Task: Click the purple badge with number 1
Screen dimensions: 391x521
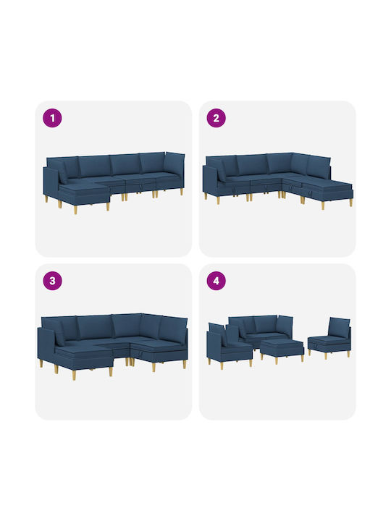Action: click(x=52, y=118)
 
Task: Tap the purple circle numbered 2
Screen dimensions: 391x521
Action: click(x=216, y=118)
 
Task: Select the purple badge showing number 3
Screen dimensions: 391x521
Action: click(x=52, y=281)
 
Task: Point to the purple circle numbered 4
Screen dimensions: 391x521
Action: click(x=216, y=281)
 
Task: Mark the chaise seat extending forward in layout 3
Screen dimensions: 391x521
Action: click(x=85, y=357)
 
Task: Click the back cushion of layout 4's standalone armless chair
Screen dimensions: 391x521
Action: click(x=339, y=326)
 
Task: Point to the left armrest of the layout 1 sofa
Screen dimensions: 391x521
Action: click(x=51, y=181)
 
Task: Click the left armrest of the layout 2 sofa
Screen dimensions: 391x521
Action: click(x=210, y=180)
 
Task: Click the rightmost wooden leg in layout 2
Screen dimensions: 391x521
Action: click(x=350, y=203)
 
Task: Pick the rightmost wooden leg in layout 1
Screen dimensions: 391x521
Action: click(x=182, y=192)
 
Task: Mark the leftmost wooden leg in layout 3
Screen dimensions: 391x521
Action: click(x=41, y=363)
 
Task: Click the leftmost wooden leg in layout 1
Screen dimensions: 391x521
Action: click(x=46, y=199)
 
